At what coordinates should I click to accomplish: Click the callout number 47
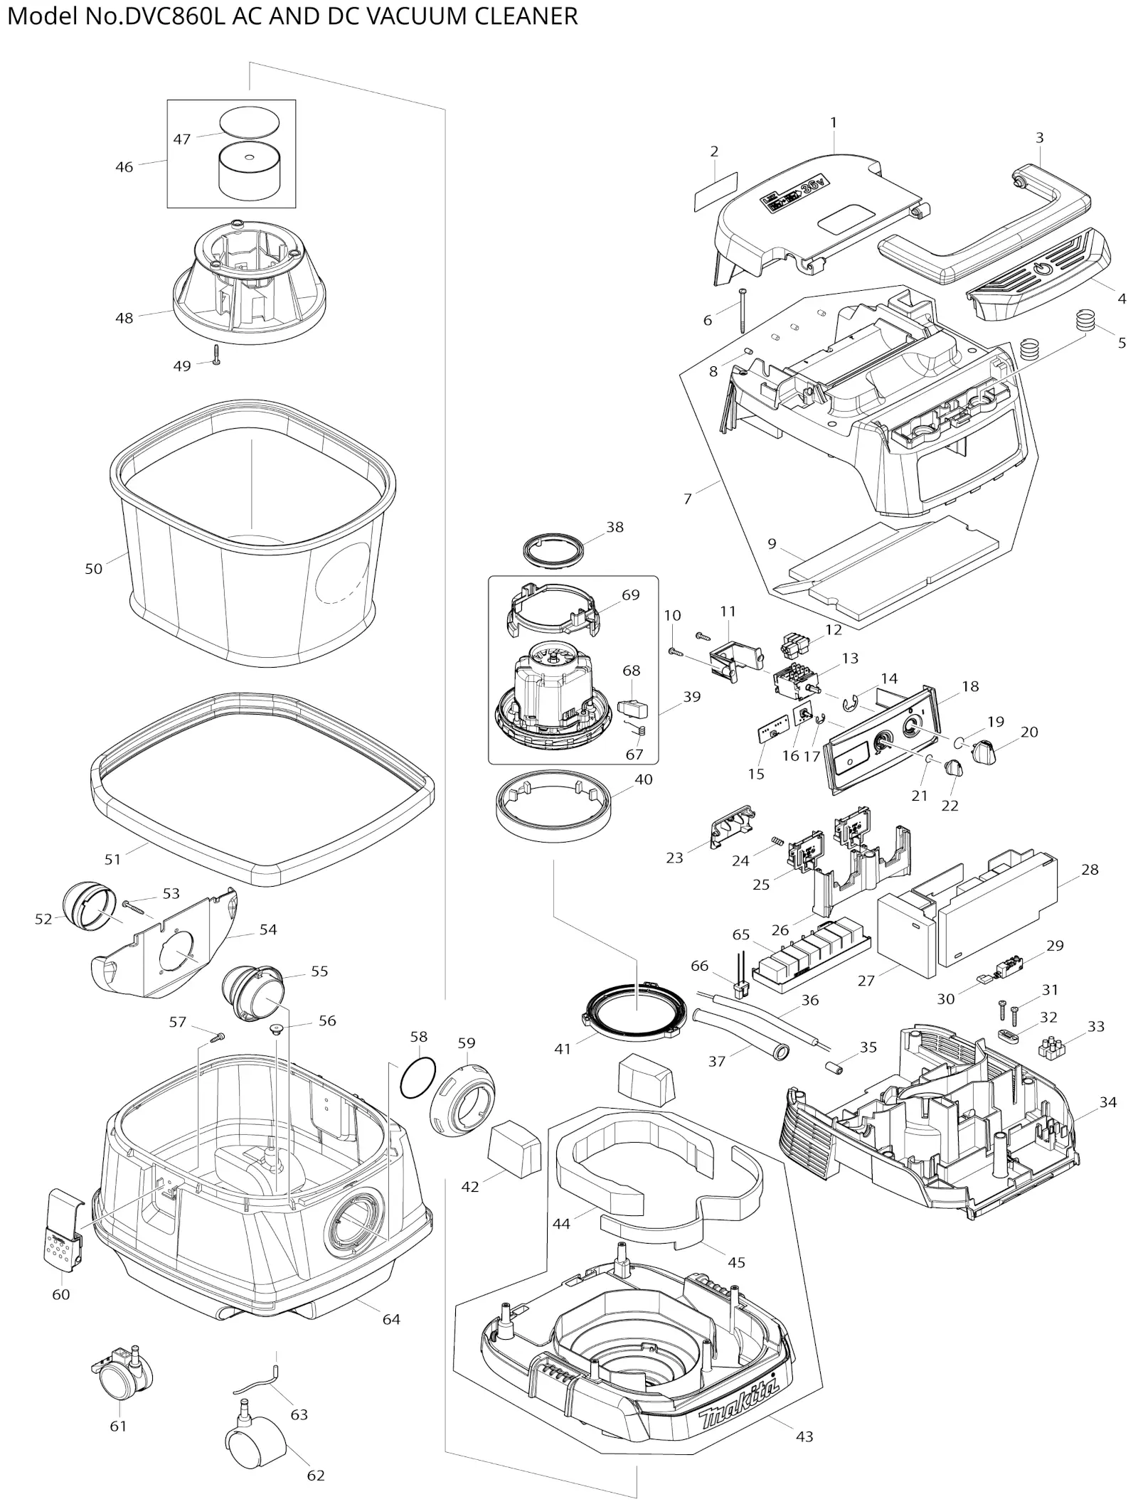pos(182,139)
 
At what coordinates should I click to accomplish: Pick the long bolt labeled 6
pos(742,311)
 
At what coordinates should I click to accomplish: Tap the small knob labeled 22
pos(953,768)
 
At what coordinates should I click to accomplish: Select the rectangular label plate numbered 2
pos(716,191)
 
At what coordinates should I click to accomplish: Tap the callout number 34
pos(1107,1102)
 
